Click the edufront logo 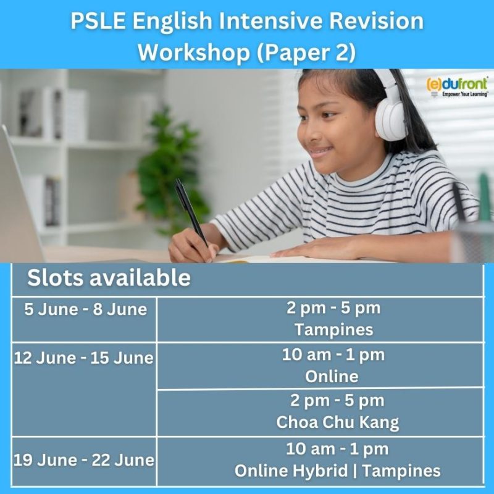click(x=458, y=86)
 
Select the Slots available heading click(x=109, y=277)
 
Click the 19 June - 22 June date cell click(x=84, y=460)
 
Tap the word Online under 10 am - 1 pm click(x=332, y=376)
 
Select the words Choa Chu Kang click(x=337, y=422)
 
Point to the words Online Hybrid click(x=291, y=471)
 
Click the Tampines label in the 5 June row click(x=333, y=330)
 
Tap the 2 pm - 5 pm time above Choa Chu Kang click(x=337, y=401)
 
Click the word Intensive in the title click(x=270, y=21)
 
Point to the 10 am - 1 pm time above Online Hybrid click(x=337, y=449)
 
